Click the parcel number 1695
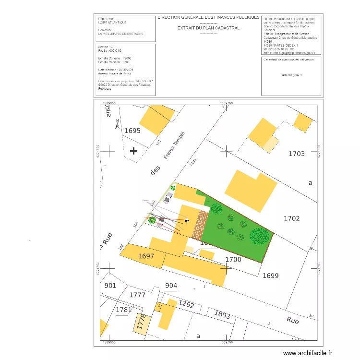132,131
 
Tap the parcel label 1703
297,154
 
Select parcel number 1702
291,218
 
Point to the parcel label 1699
270,276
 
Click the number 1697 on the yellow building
146,256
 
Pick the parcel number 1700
233,260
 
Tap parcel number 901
110,286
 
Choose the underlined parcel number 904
171,286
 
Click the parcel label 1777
137,295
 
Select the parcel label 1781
123,310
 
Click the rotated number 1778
141,323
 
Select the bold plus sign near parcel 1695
133,151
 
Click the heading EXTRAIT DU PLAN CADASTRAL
208,28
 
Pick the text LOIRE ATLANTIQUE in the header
112,23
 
